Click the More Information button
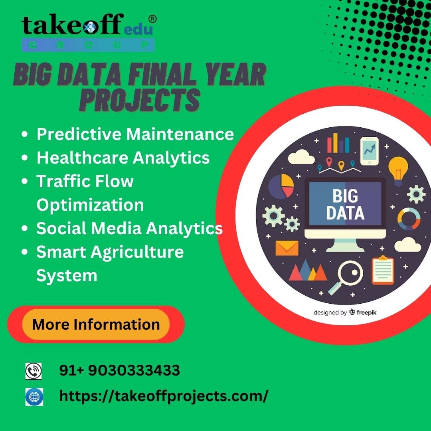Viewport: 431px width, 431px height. [96, 324]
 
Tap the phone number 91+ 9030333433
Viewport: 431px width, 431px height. [120, 371]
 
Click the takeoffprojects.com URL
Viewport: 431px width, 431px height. [164, 396]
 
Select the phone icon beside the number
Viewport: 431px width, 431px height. [34, 371]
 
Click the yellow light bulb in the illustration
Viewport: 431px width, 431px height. [398, 169]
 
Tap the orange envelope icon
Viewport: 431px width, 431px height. [287, 248]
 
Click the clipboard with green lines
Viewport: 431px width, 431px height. [383, 270]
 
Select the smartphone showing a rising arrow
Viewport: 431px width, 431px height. [369, 151]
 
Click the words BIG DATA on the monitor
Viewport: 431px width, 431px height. [345, 205]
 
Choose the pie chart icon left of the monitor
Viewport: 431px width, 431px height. [281, 186]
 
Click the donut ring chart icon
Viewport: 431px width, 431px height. [408, 219]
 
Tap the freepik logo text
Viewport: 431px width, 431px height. [366, 312]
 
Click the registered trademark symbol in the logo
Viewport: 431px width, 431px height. [152, 19]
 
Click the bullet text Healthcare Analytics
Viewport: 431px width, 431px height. [123, 158]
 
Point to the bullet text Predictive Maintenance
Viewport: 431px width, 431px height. [135, 134]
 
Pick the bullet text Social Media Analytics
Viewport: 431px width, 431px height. [129, 228]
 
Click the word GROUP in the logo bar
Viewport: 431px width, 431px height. [88, 44]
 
